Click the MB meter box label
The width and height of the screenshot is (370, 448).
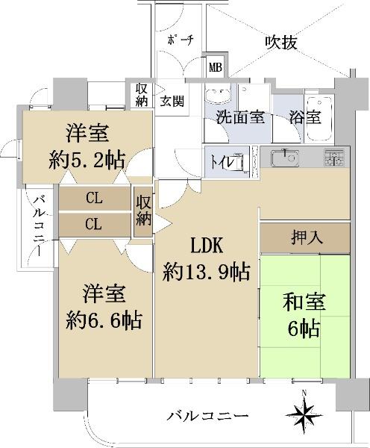(216, 68)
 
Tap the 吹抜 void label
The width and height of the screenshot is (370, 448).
(281, 43)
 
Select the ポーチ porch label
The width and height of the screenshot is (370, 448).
(181, 40)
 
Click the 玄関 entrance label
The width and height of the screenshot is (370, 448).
(172, 101)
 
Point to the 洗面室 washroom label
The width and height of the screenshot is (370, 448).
(240, 117)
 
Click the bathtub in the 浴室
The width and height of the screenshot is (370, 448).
(319, 119)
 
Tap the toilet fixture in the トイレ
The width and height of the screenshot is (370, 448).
(236, 162)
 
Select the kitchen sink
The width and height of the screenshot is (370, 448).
(285, 158)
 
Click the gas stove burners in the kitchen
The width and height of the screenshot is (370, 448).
(333, 158)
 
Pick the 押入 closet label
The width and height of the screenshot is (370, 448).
(306, 237)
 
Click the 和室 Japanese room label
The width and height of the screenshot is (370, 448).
(304, 303)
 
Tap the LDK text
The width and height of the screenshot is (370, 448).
(207, 246)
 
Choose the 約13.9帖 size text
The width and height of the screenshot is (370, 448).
(207, 272)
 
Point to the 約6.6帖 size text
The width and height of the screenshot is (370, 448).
(104, 321)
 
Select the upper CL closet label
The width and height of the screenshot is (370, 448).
(94, 198)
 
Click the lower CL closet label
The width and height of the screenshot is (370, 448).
(93, 224)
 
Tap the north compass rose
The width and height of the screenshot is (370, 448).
(304, 415)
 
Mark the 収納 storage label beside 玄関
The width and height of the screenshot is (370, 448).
(141, 95)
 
